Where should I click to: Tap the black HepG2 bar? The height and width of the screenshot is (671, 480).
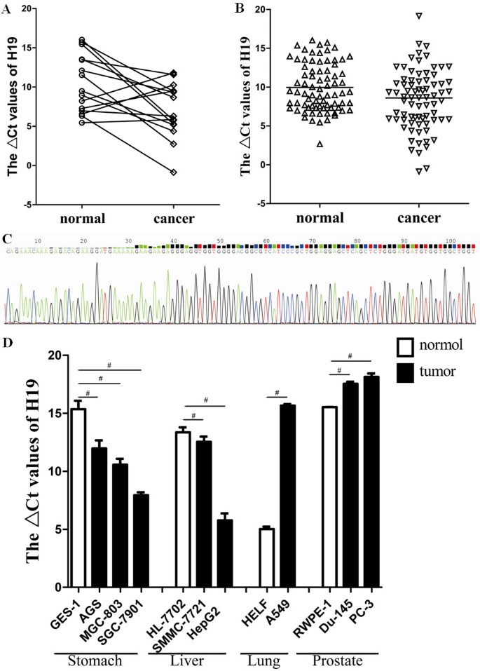click(x=225, y=553)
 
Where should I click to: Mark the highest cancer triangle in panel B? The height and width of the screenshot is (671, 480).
click(x=418, y=15)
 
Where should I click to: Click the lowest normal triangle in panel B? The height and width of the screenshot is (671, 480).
click(x=320, y=144)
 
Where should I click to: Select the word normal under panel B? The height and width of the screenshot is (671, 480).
click(x=320, y=218)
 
